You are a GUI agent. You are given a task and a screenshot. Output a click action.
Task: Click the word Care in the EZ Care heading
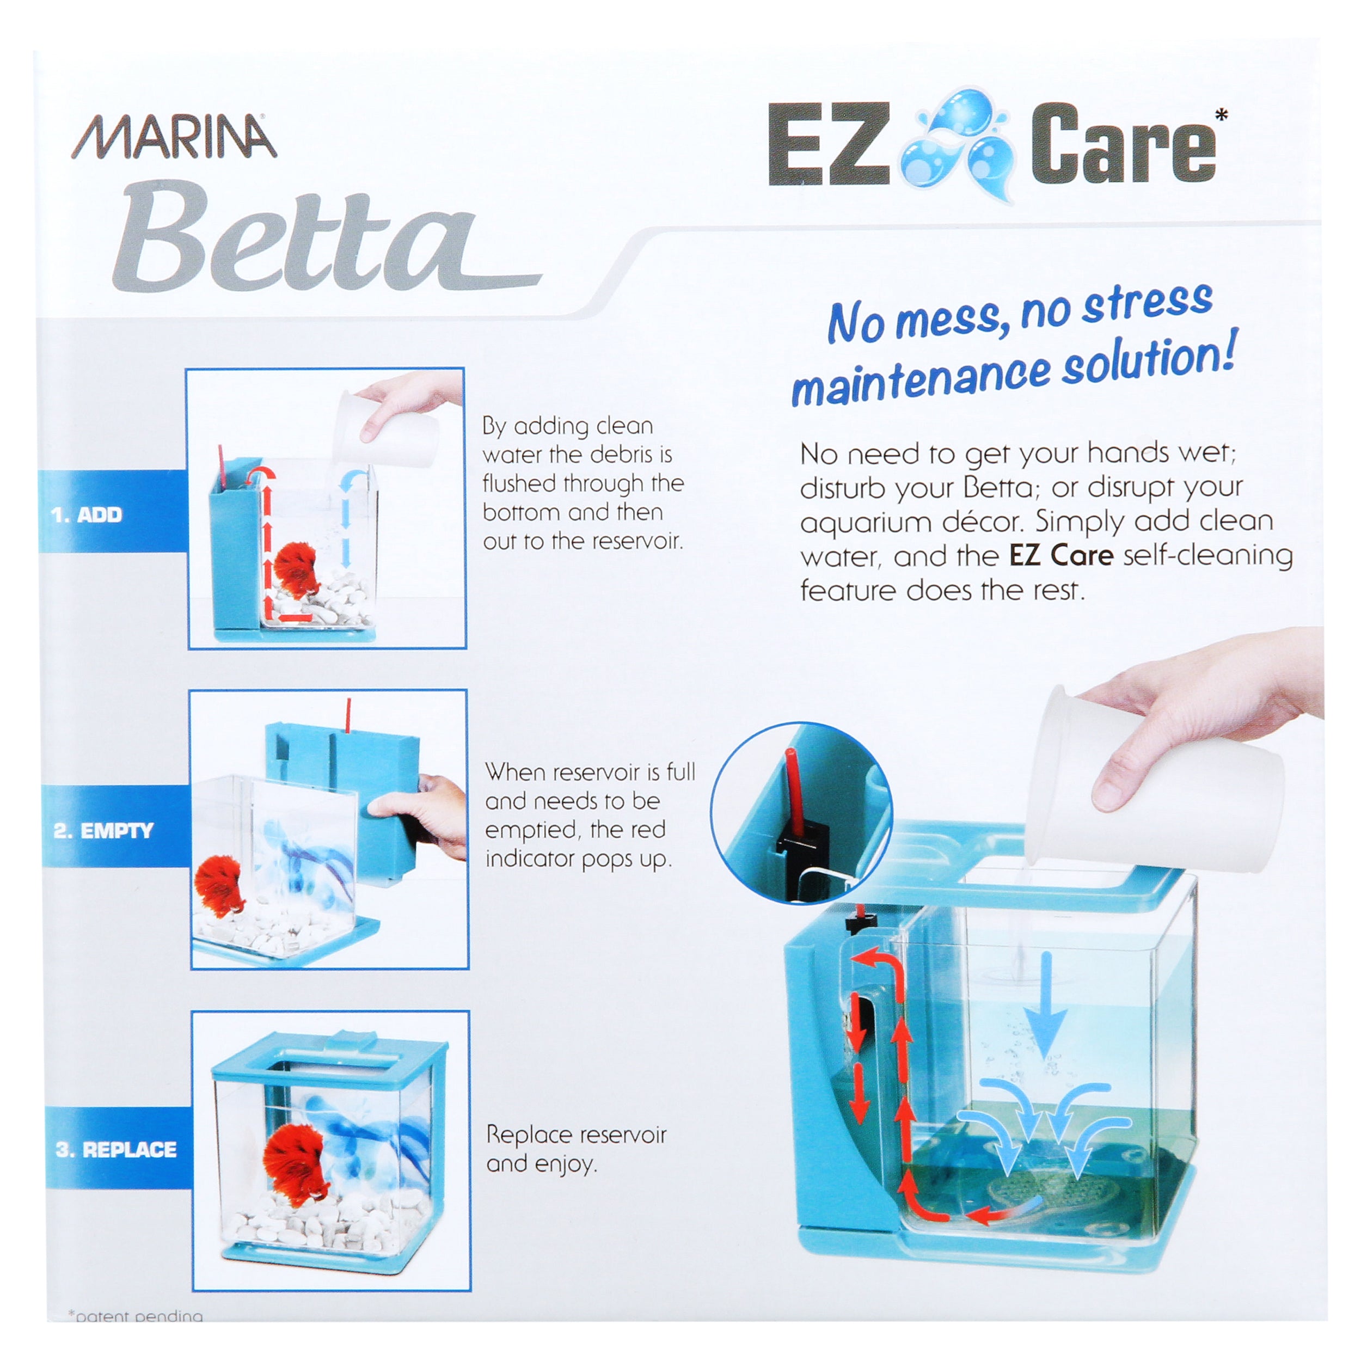(x=1123, y=144)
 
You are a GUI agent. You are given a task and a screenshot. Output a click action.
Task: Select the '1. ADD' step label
(x=87, y=515)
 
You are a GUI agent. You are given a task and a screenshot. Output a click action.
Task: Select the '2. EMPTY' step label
(x=103, y=831)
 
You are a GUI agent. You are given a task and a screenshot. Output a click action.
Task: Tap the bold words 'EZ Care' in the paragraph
(x=1061, y=555)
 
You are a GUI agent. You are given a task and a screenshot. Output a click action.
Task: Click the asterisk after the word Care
(x=1222, y=114)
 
